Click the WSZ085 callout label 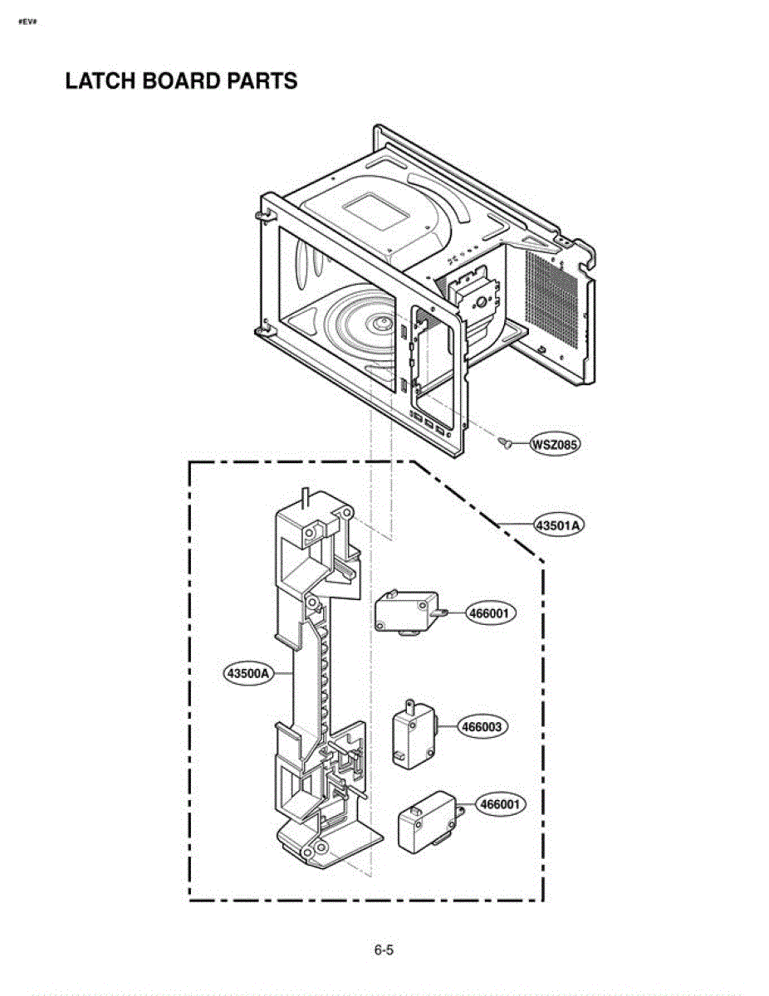[x=555, y=444]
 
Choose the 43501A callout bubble [x=558, y=525]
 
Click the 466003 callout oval [x=482, y=727]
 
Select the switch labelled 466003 [x=413, y=733]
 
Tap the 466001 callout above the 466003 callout [x=490, y=614]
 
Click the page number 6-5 [x=384, y=950]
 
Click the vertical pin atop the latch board [x=307, y=496]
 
